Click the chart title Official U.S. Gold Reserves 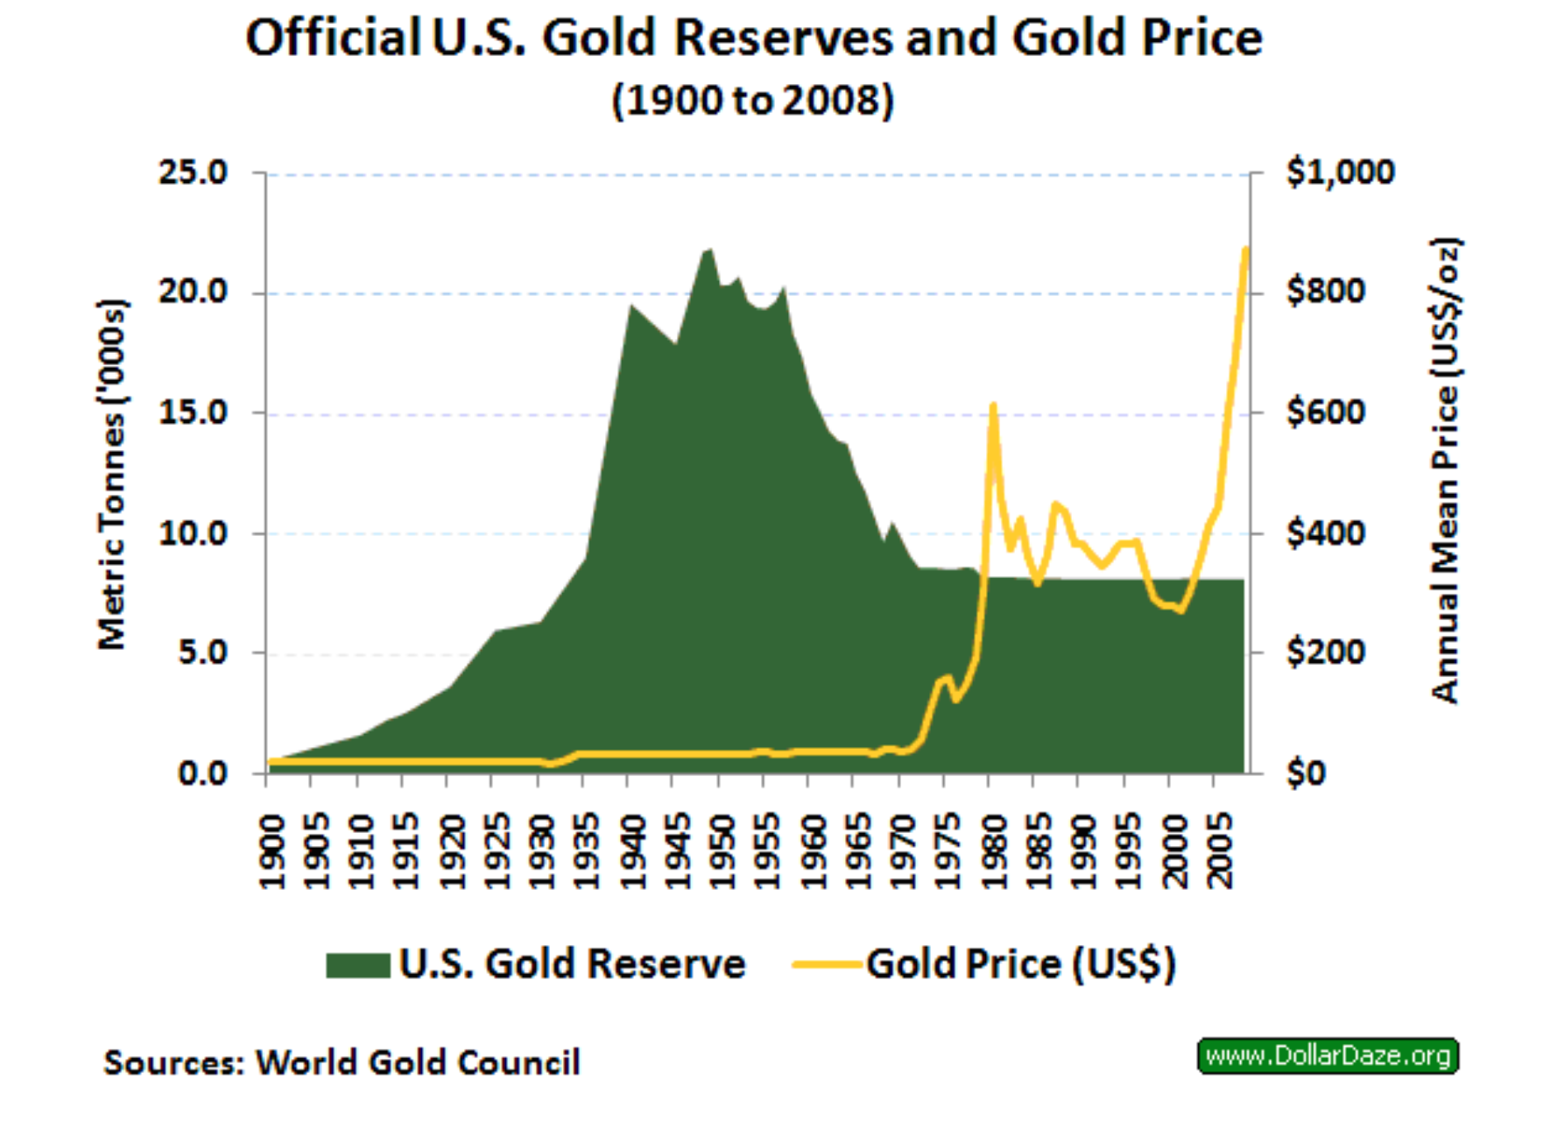(753, 39)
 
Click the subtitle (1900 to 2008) (753, 101)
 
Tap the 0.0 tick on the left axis (202, 773)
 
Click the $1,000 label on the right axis (1340, 173)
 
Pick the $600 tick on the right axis (1325, 412)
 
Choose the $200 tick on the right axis (1325, 652)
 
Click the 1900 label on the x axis (273, 851)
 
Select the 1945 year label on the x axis (679, 851)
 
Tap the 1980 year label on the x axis (995, 851)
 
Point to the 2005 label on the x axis (1220, 851)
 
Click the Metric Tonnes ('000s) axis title (112, 474)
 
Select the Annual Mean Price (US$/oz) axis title (1446, 470)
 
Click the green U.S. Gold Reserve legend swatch (357, 965)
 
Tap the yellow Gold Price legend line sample (827, 965)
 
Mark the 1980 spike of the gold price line (992, 405)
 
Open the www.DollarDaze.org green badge (1328, 1055)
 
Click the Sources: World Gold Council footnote (342, 1062)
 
